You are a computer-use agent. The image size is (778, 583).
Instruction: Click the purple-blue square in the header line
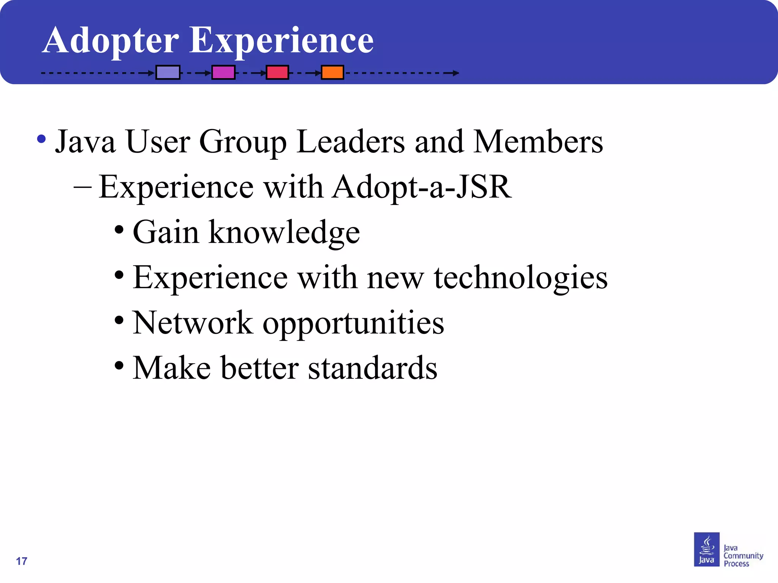point(168,72)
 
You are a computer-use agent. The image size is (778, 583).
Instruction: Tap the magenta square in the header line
point(223,72)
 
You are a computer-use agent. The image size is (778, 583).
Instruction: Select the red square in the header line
point(277,72)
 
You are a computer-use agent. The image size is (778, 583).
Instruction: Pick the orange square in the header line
point(332,72)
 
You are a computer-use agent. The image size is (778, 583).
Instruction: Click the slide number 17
point(22,561)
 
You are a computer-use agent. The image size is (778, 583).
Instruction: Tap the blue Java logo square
point(707,549)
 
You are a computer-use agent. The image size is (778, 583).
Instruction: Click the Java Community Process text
point(743,556)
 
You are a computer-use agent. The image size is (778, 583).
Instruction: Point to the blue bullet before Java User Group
point(41,139)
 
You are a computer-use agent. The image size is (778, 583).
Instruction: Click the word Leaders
point(351,142)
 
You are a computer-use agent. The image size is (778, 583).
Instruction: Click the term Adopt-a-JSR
point(422,187)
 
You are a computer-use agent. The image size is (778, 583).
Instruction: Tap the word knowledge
point(284,232)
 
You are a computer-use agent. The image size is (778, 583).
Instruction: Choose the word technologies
point(521,278)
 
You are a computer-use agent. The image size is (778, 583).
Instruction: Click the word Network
point(193,323)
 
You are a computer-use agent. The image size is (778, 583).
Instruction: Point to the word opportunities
point(353,323)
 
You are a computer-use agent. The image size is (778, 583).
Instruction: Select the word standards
point(373,368)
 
